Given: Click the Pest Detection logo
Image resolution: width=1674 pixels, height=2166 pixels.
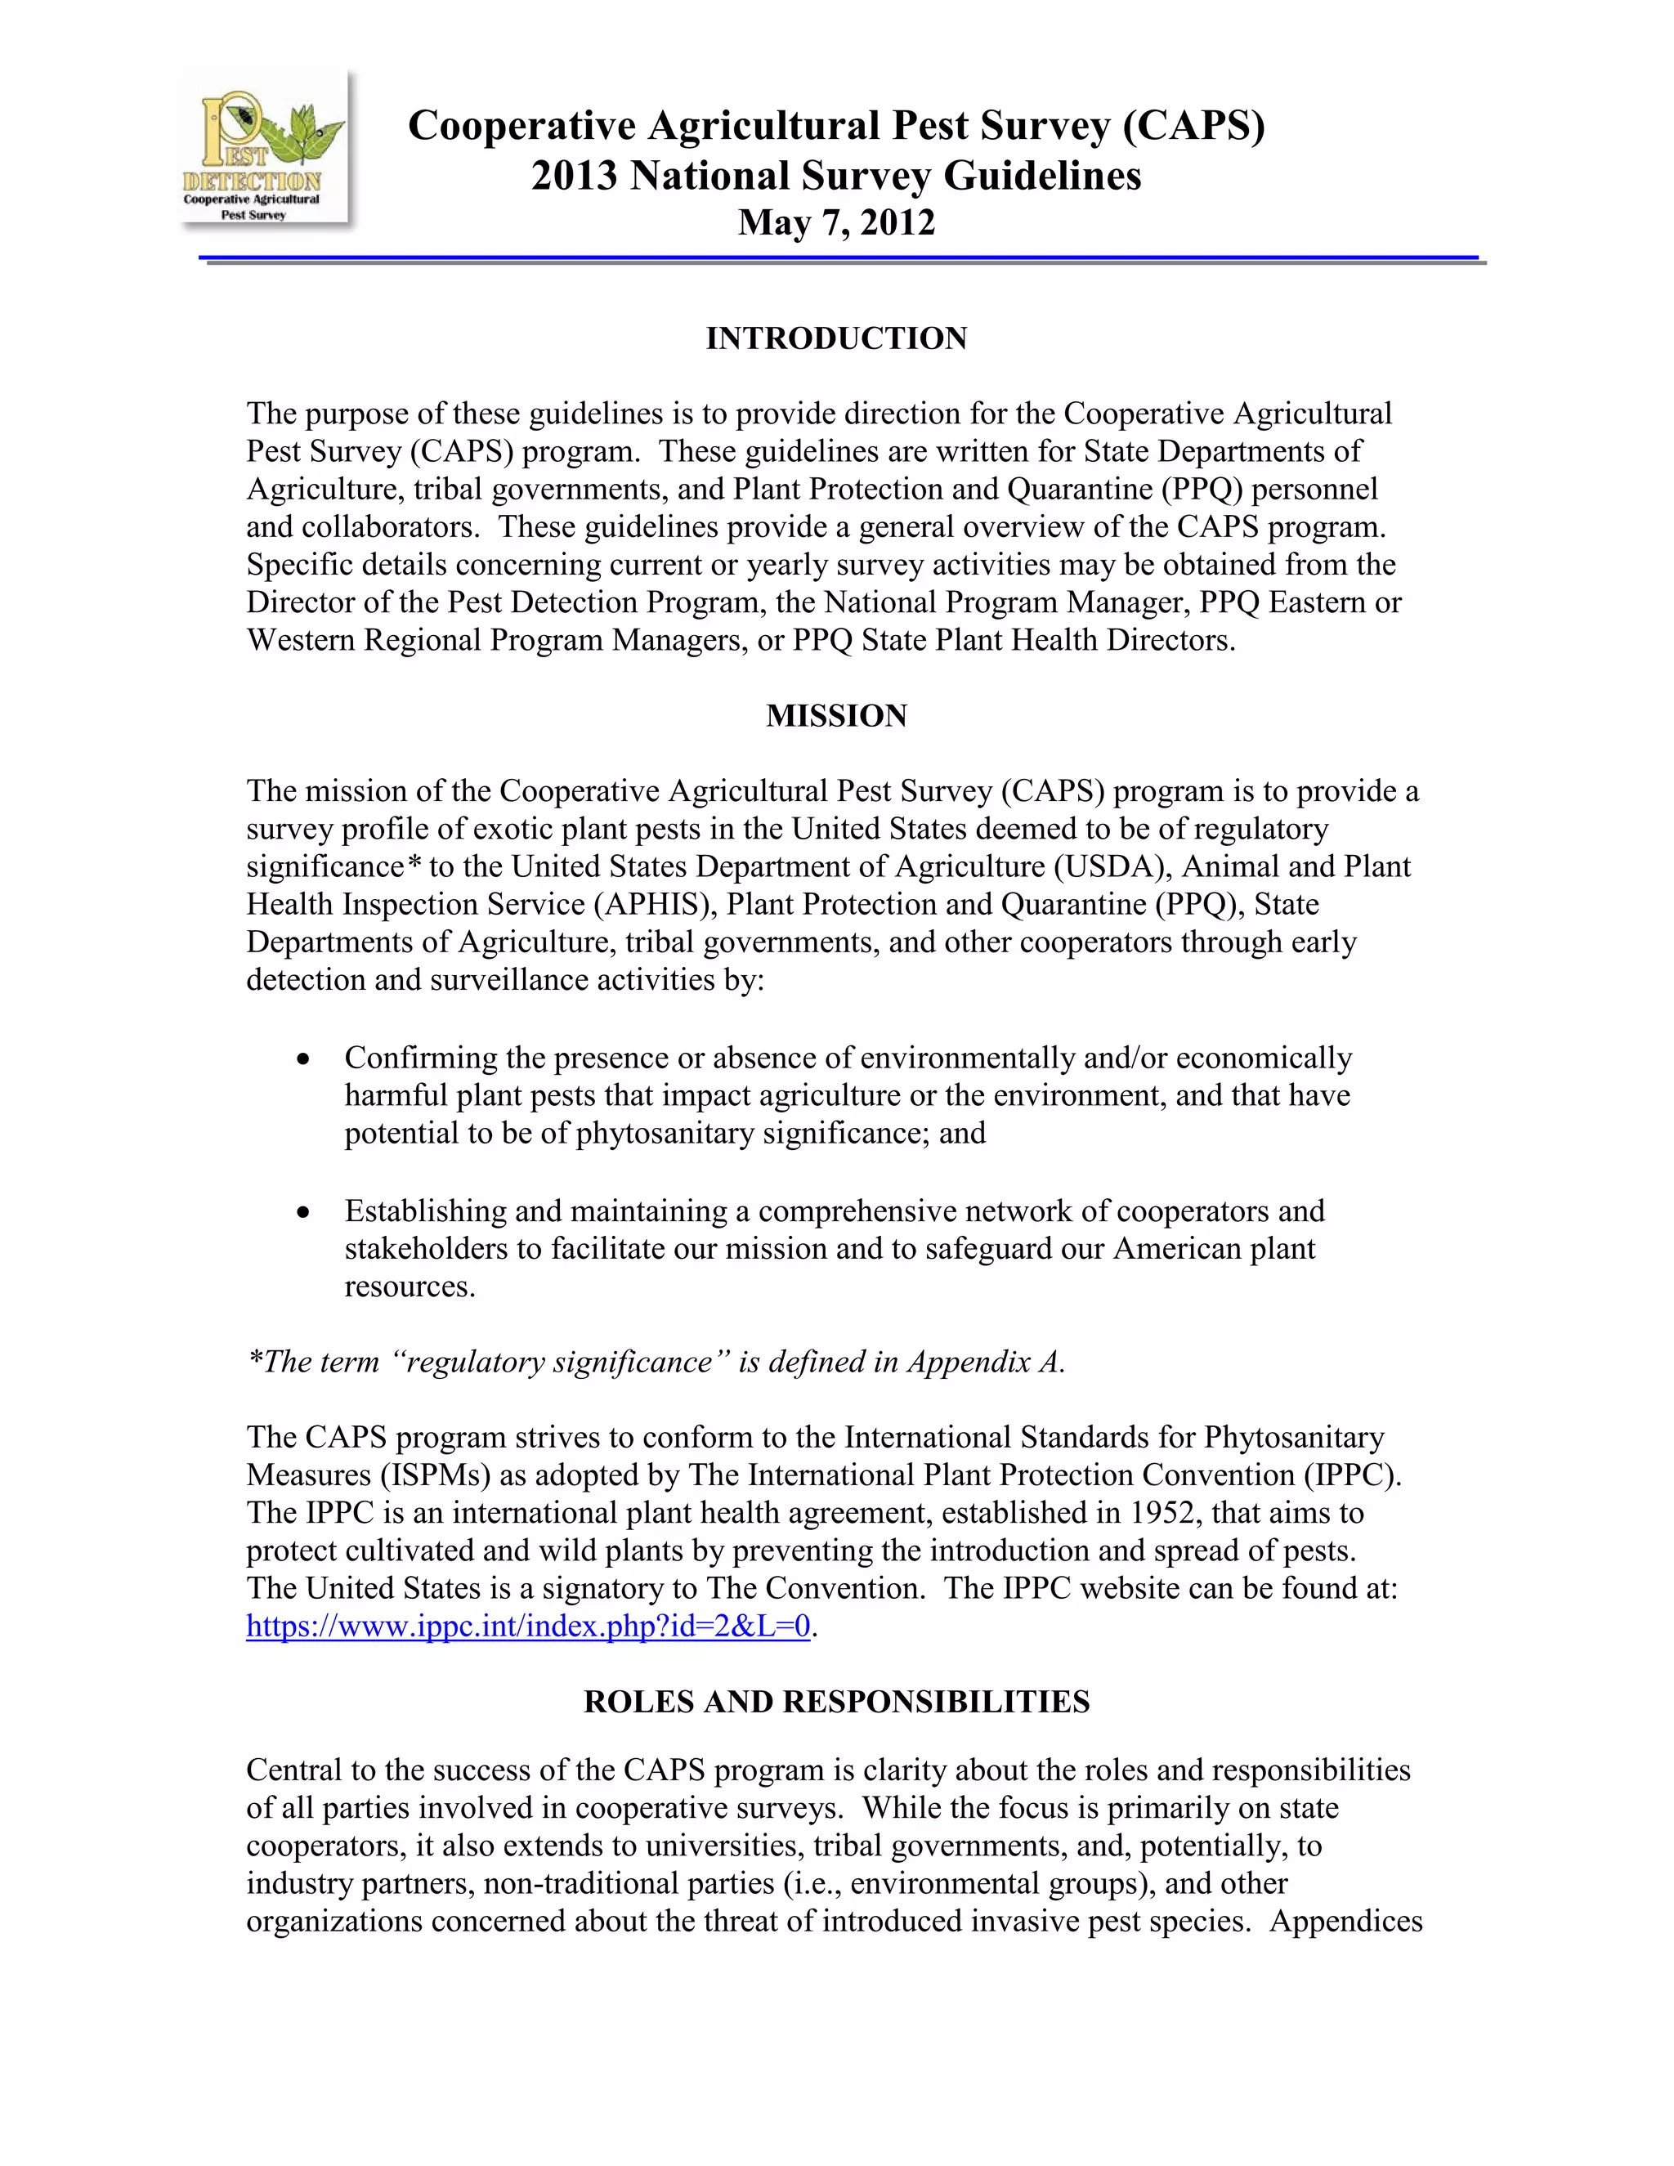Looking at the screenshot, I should (264, 150).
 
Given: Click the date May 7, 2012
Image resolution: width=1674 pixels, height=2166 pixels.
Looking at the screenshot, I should (836, 222).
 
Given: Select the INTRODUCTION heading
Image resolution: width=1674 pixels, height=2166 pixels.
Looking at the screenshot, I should (836, 338).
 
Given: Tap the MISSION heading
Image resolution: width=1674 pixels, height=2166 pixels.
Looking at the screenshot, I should (836, 716).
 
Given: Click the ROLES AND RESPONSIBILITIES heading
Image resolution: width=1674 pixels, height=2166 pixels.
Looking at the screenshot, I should (836, 1702).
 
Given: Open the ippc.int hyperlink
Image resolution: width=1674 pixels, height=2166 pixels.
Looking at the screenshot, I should (527, 1627).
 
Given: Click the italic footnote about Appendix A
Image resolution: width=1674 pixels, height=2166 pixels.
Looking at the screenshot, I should (655, 1363).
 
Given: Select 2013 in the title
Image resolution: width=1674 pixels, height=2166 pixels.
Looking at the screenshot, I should (575, 177).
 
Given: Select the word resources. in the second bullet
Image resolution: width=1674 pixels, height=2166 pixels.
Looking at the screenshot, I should (410, 1287).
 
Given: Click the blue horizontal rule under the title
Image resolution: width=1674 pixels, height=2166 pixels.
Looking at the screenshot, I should (838, 259).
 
